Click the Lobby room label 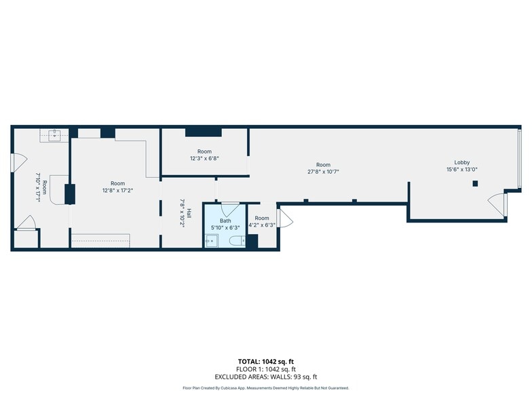[461, 163]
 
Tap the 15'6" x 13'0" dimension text [461, 170]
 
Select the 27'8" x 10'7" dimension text [323, 172]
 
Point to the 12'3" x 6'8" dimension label [204, 158]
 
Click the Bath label [225, 221]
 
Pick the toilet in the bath [237, 241]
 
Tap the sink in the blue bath [212, 241]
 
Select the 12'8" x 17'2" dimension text [117, 191]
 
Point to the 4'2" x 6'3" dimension [262, 225]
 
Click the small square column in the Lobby [475, 183]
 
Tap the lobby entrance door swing [496, 204]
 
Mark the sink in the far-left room [54, 134]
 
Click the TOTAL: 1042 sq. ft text [266, 362]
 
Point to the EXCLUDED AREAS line [266, 377]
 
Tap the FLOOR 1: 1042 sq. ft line [266, 369]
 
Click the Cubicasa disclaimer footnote [266, 388]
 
